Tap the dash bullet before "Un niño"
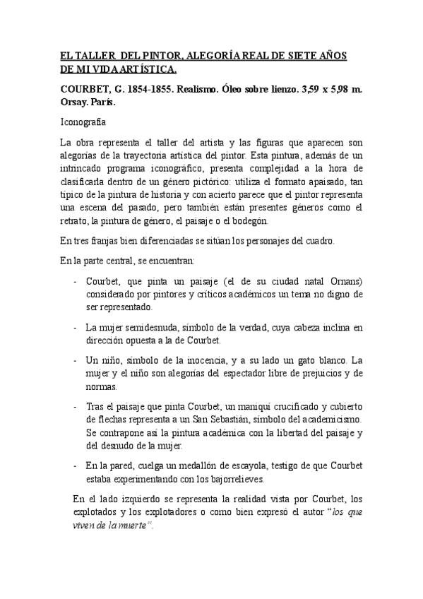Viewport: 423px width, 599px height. point(76,360)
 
